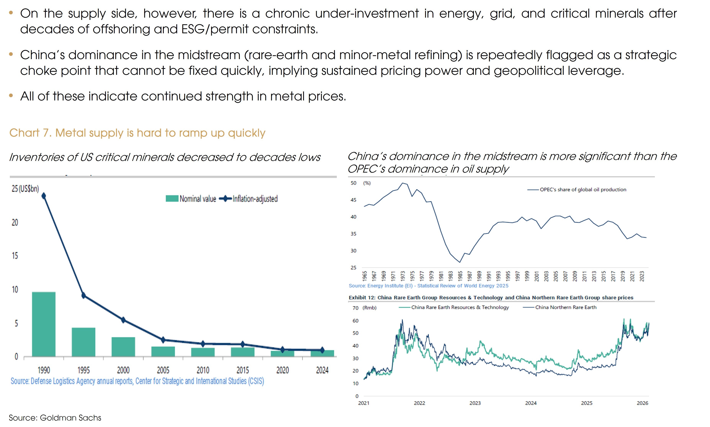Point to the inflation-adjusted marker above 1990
tap(44, 196)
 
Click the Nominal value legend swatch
tap(172, 199)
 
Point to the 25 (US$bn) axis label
tap(25, 189)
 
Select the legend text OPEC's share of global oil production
tap(583, 190)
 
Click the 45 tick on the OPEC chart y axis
tap(353, 200)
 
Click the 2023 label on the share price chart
tap(475, 403)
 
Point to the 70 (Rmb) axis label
tap(364, 308)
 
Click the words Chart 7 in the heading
tap(30, 133)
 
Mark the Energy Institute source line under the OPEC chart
tap(428, 286)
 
